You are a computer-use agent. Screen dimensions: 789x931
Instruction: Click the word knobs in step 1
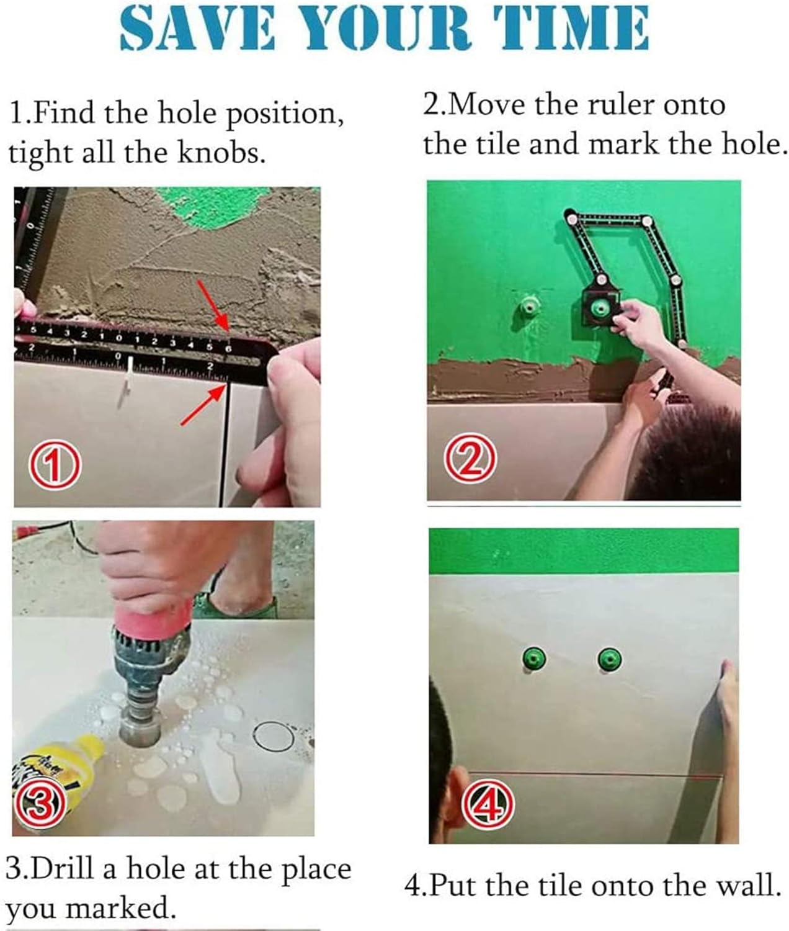click(221, 153)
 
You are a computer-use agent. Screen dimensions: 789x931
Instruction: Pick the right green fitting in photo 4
click(610, 659)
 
